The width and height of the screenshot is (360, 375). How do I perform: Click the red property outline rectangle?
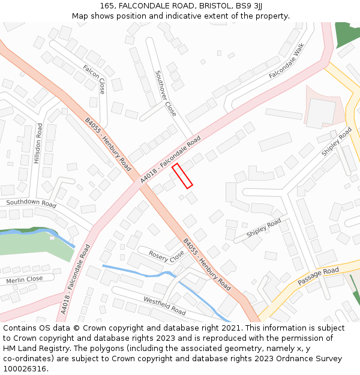click(x=182, y=176)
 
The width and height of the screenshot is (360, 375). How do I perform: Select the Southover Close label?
click(x=166, y=93)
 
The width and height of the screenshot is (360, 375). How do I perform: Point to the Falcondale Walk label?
click(x=287, y=61)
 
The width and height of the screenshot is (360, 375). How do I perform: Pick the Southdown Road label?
click(x=31, y=203)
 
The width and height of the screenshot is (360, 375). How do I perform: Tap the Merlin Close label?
click(x=25, y=280)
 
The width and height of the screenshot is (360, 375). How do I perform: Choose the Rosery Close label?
click(x=166, y=256)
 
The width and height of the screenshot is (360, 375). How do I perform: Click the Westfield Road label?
click(x=164, y=305)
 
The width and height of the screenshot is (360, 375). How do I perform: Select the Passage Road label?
click(x=318, y=277)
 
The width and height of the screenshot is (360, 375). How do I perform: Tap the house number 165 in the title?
click(x=107, y=5)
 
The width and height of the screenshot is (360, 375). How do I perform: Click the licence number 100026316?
click(x=24, y=368)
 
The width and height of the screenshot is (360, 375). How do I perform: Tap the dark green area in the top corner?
click(x=348, y=33)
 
